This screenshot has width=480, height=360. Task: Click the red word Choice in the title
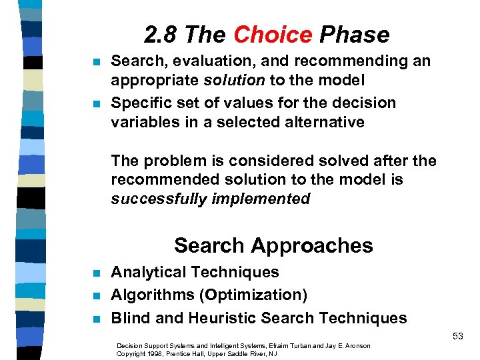[x=273, y=35]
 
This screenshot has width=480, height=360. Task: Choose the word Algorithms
[x=149, y=295]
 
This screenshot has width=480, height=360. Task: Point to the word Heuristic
[x=215, y=318]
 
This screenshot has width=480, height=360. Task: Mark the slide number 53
[x=457, y=336]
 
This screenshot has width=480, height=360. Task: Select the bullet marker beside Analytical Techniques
[x=96, y=273]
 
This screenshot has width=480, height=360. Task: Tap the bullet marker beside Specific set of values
[x=96, y=104]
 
